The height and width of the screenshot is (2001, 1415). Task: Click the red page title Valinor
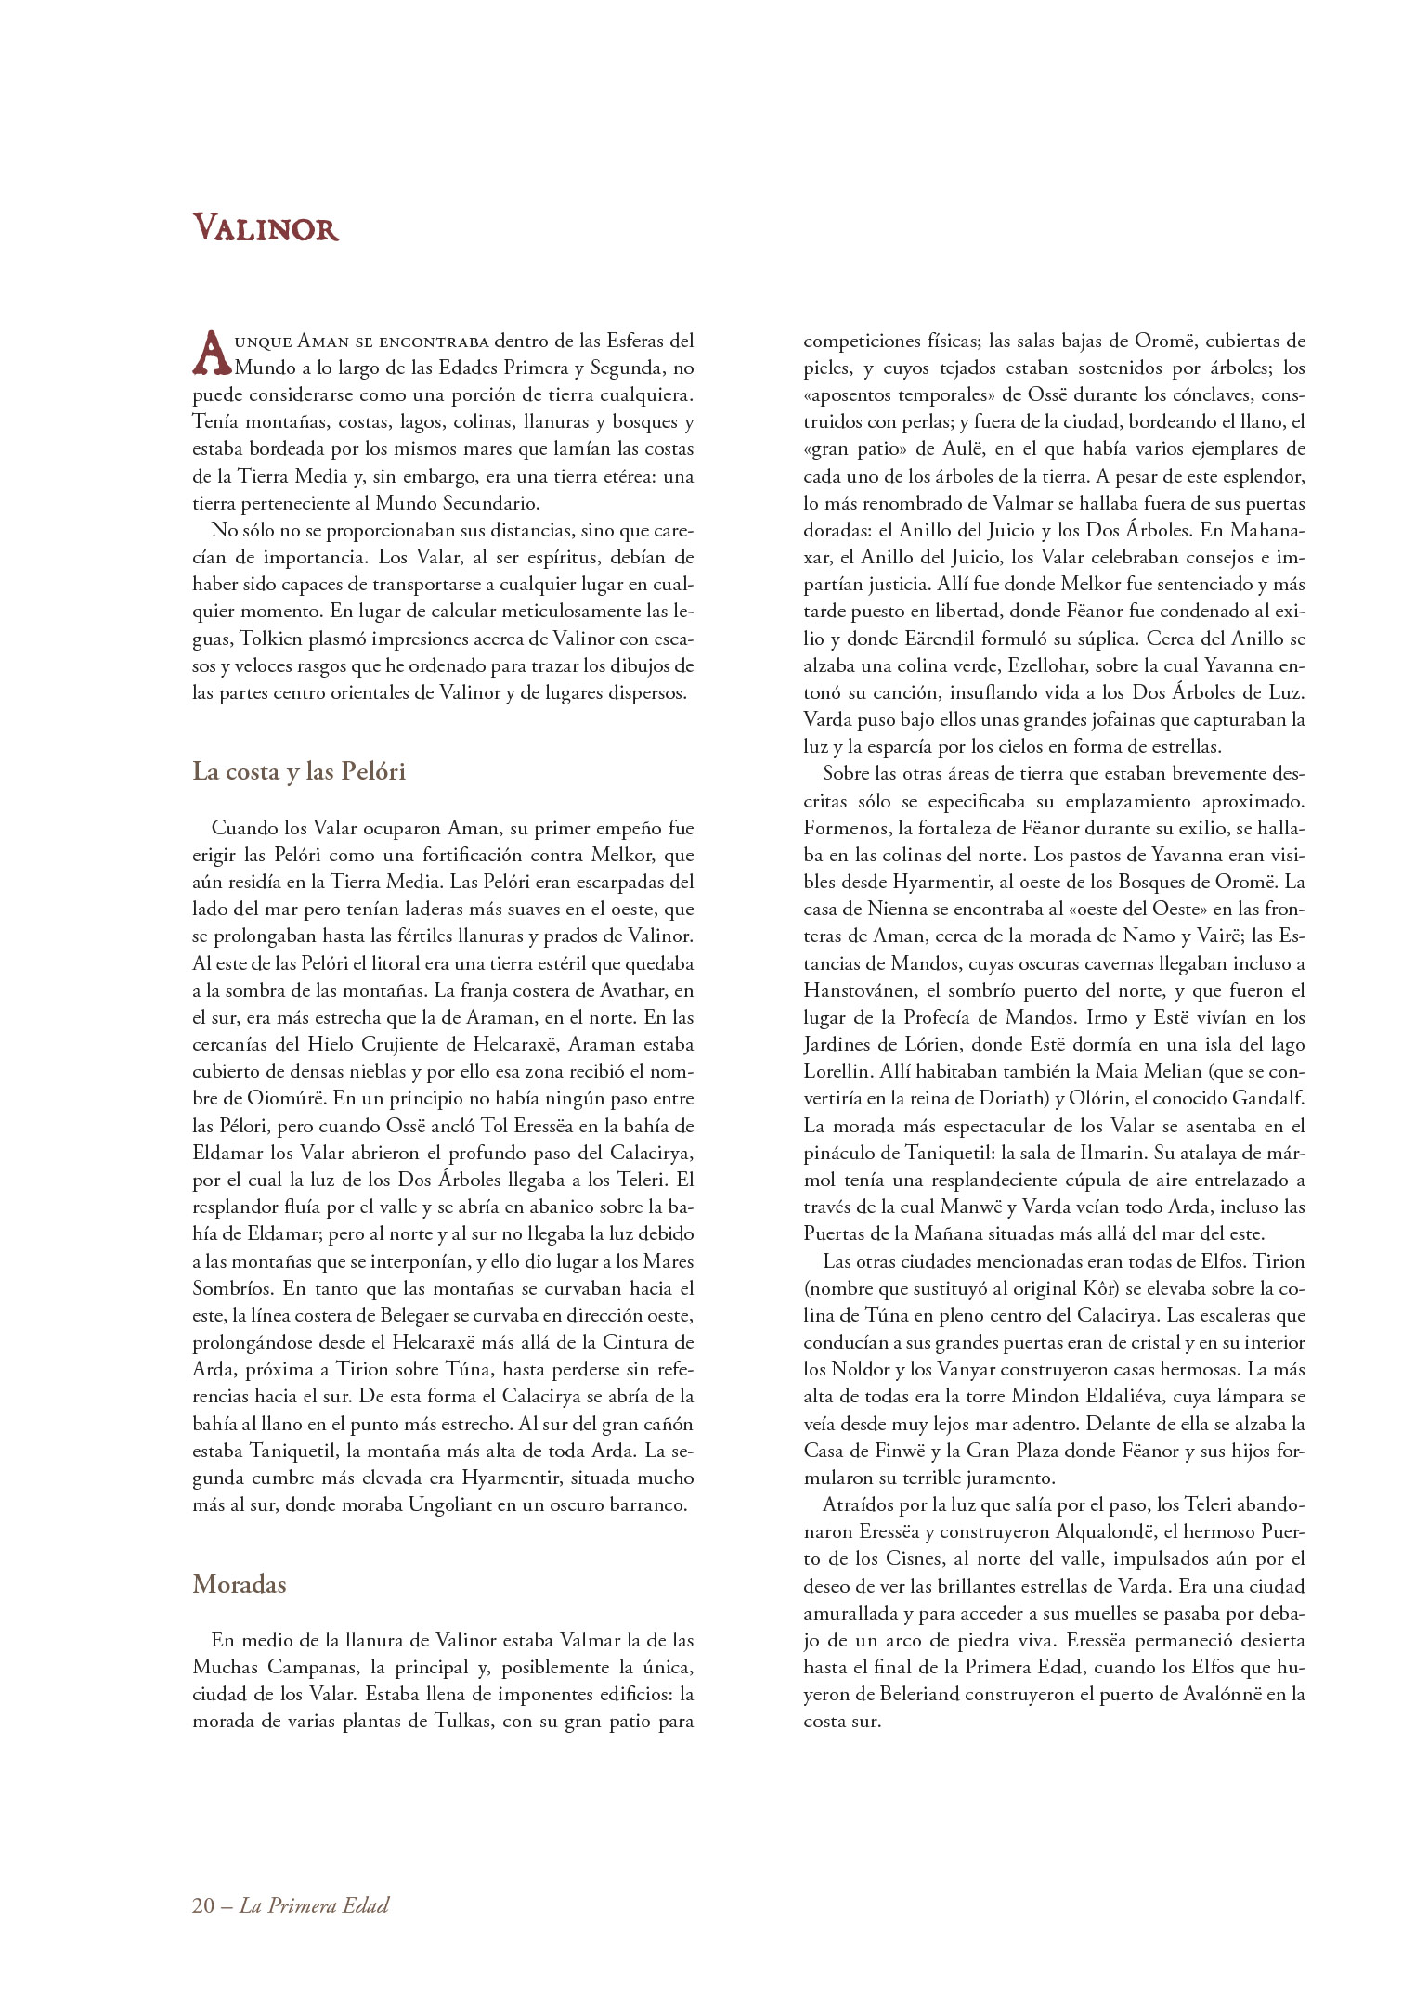(x=266, y=228)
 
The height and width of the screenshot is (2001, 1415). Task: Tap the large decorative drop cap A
(x=212, y=353)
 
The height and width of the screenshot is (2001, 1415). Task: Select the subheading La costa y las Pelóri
(x=299, y=771)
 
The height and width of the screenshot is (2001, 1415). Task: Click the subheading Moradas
(x=240, y=1583)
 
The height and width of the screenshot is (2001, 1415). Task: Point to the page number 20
(x=203, y=1905)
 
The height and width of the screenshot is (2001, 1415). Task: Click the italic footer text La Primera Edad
(x=314, y=1905)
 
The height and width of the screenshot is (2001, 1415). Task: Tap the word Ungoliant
(x=450, y=1504)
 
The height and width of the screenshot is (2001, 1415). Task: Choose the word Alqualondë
(x=1125, y=1531)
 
